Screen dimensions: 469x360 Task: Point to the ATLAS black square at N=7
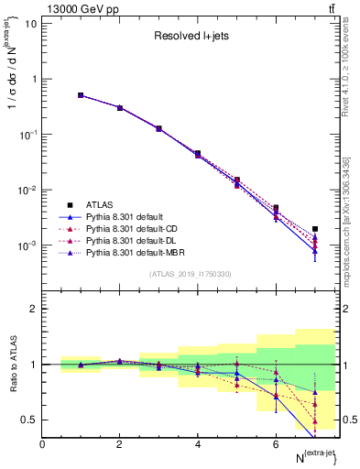point(315,229)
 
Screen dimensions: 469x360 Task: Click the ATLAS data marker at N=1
point(81,95)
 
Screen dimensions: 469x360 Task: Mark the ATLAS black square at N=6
point(276,208)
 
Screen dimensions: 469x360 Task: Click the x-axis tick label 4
point(198,444)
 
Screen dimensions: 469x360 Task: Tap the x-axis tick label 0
point(42,444)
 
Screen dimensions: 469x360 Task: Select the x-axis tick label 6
point(276,444)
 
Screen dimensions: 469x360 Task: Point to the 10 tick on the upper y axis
point(31,24)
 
